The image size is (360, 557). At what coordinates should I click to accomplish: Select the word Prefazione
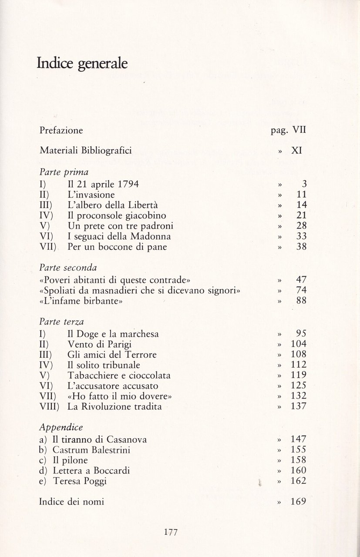tap(61, 130)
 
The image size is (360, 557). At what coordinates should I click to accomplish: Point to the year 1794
tap(125, 184)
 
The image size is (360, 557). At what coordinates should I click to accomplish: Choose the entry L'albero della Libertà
tap(112, 205)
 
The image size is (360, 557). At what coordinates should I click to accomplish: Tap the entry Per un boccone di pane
tap(117, 247)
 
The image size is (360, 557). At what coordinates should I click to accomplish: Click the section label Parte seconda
tap(67, 267)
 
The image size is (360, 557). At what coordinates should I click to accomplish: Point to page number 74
tap(301, 290)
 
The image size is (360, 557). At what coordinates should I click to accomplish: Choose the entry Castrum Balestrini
tap(91, 450)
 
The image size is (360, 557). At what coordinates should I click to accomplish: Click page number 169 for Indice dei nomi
tap(298, 501)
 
